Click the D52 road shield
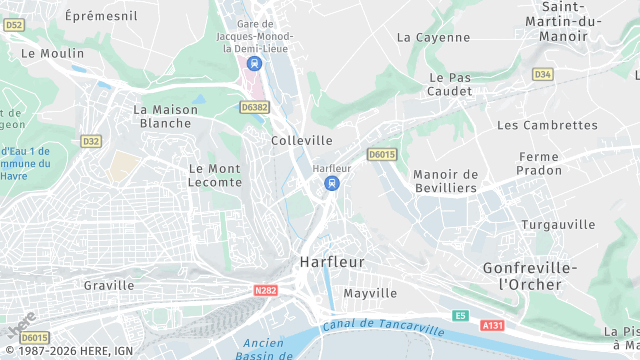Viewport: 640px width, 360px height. [x=13, y=24]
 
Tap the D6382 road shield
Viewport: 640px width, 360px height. [x=255, y=106]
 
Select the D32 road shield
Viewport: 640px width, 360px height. [x=91, y=141]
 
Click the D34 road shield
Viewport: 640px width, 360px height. [x=543, y=74]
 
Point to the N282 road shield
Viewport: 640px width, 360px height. [x=265, y=291]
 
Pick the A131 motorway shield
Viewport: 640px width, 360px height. [x=492, y=325]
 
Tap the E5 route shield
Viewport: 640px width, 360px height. [x=460, y=315]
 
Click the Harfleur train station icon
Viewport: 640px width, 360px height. [x=332, y=183]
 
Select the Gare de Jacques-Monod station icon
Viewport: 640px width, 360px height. [x=254, y=64]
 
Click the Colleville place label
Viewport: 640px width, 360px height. [x=302, y=141]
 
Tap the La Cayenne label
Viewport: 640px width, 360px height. [x=433, y=37]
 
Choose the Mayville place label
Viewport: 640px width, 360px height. [x=370, y=293]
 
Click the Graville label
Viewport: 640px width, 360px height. [x=109, y=285]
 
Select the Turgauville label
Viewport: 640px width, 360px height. [x=558, y=224]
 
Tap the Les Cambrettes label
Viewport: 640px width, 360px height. [x=547, y=125]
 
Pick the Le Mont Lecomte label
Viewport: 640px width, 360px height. [x=215, y=175]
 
